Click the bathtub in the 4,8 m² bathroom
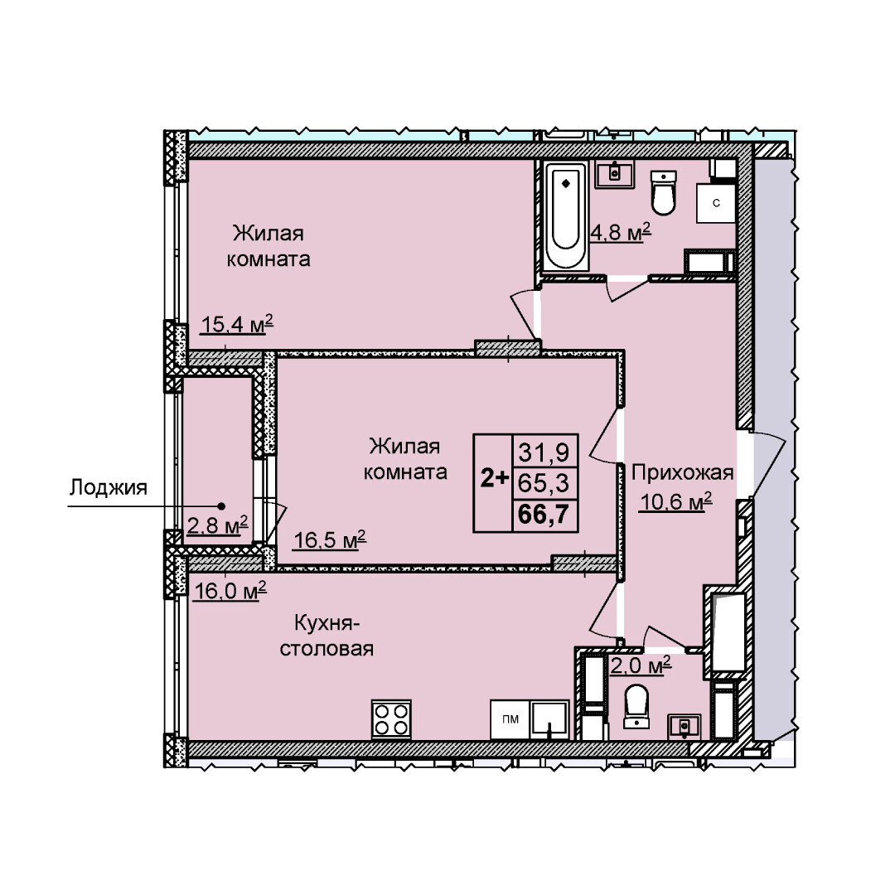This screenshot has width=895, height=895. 565,216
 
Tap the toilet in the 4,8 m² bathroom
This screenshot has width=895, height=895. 663,192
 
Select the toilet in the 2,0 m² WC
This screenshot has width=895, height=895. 636,707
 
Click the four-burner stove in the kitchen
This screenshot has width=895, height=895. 391,719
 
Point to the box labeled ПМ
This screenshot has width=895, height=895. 510,719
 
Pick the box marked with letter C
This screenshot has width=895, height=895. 715,203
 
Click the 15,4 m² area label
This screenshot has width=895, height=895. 237,324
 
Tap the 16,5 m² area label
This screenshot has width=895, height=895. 329,539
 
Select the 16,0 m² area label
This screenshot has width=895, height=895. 230,590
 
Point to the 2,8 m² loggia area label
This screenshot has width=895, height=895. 217,525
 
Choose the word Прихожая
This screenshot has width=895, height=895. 682,473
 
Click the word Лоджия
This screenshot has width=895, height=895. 109,488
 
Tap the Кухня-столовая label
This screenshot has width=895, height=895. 327,636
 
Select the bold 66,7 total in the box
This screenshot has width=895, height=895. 543,515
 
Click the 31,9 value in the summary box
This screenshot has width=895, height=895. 544,452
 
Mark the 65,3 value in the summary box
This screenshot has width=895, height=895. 544,483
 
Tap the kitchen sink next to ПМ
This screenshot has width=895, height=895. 549,719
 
